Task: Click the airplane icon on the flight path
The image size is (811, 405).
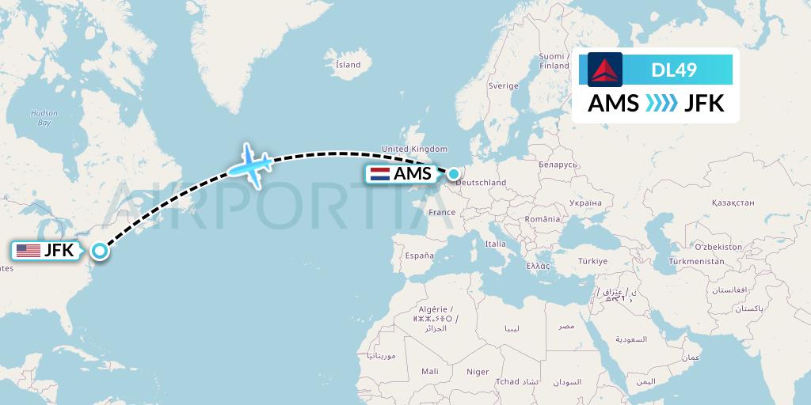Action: (251, 165)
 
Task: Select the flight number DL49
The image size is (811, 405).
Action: (674, 70)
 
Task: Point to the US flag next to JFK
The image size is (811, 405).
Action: (29, 251)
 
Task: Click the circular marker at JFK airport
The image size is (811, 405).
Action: (100, 251)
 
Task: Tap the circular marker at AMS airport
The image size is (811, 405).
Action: (454, 173)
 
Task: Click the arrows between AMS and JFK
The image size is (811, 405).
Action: (661, 104)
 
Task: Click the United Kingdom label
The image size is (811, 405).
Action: (414, 149)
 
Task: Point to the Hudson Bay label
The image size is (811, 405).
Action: (44, 118)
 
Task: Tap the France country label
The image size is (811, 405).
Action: (442, 212)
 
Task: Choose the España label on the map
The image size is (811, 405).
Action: (419, 255)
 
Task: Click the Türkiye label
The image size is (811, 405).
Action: (592, 260)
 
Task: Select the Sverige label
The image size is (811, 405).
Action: (503, 85)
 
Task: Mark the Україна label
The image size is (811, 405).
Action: (585, 202)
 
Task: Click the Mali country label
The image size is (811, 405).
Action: (430, 371)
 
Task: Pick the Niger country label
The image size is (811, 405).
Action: (478, 372)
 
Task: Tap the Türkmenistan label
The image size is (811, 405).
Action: (697, 261)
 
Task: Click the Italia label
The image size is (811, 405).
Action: (496, 244)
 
